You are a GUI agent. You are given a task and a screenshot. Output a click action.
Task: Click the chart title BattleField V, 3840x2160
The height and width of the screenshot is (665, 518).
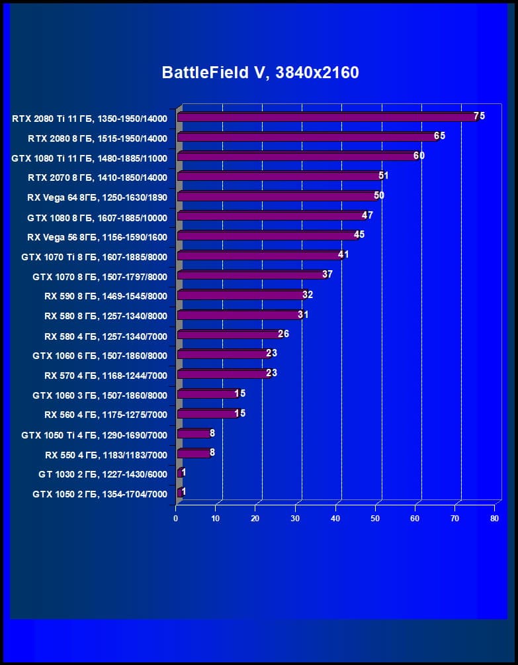(260, 72)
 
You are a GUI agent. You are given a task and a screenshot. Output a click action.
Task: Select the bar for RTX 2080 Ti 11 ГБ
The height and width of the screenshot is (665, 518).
(327, 117)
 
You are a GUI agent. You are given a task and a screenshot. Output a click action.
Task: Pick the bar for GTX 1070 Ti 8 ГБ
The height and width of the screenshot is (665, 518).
(259, 256)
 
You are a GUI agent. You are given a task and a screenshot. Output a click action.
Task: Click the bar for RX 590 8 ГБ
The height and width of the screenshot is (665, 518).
(241, 295)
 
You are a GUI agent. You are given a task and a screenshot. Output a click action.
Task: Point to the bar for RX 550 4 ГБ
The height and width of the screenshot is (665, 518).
(194, 454)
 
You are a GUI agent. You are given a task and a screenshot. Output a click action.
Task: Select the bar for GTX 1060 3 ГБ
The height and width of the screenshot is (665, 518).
(207, 394)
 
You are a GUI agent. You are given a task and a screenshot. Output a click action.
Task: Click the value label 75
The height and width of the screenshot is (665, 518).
(479, 116)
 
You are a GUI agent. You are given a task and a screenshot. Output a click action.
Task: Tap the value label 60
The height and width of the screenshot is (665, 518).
(419, 156)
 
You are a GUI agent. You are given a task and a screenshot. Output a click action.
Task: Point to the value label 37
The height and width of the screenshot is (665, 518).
(327, 274)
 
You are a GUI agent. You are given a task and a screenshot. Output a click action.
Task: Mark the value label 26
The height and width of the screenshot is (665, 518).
(283, 334)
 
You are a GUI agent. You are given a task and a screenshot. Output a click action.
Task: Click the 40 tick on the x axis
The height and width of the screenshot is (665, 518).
(335, 519)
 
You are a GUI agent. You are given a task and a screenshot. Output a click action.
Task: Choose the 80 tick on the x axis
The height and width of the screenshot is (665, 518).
(494, 519)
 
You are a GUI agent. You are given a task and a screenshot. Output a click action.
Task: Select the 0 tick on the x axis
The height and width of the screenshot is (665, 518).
(176, 519)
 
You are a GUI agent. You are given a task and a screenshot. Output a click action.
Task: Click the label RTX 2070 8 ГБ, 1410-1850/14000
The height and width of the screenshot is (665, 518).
(97, 178)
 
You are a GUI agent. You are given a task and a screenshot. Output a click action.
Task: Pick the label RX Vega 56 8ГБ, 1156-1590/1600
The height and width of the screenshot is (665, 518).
(97, 236)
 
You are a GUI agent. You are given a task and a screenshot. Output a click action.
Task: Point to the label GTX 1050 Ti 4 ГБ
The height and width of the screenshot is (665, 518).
(94, 435)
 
